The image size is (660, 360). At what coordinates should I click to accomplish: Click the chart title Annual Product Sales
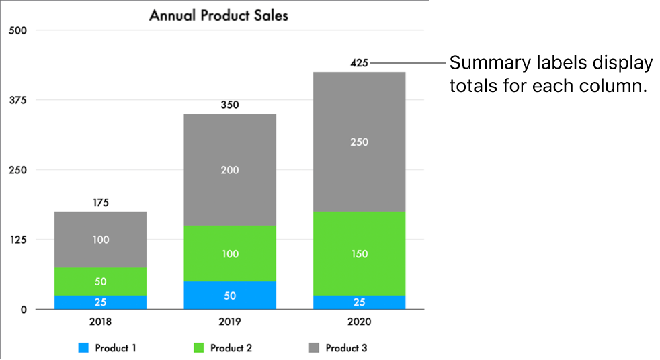pos(218,15)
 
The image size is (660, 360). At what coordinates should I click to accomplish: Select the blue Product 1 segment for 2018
pos(100,302)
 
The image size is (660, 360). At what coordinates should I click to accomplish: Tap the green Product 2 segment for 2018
pos(100,281)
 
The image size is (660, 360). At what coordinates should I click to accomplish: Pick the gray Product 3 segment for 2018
pos(100,240)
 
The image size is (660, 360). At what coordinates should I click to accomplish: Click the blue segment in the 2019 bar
pos(230,296)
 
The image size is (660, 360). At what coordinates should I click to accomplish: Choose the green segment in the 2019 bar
pos(230,254)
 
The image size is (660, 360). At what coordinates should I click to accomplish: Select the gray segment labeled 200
pos(230,170)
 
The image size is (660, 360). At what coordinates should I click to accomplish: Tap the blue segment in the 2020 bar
pos(359,302)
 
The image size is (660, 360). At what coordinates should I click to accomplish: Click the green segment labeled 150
pos(359,254)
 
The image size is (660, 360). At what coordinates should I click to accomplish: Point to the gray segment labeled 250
pos(359,142)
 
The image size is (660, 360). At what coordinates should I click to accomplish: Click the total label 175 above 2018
pos(100,202)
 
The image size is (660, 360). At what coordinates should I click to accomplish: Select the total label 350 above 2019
pos(230,105)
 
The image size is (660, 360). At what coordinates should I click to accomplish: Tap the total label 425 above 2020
pos(359,63)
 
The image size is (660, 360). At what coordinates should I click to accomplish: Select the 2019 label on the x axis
pos(230,322)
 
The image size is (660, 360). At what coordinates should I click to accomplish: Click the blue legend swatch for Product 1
pos(83,348)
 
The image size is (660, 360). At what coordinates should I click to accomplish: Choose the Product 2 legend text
pos(231,348)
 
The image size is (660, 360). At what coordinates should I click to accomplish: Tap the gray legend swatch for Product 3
pos(314,348)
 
